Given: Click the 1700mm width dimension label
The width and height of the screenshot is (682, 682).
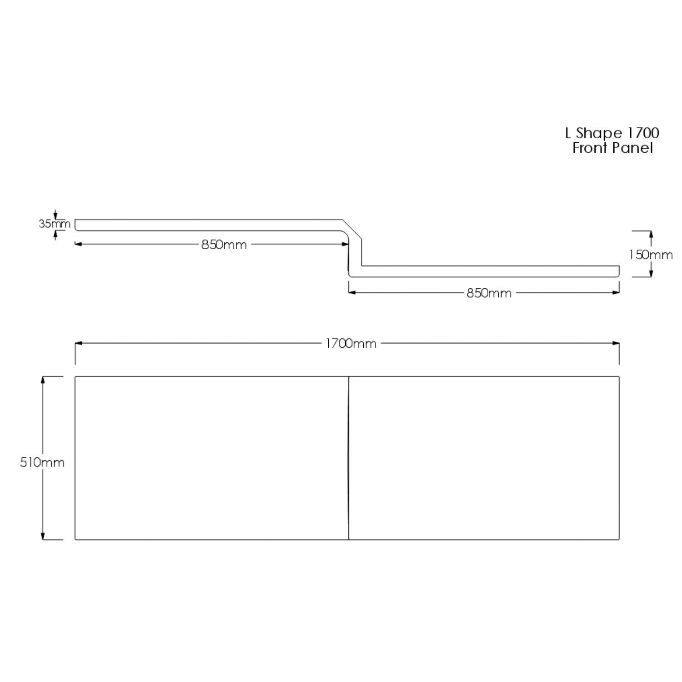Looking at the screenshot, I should point(351,344).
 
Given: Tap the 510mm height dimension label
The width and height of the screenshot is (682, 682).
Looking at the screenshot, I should point(42,462).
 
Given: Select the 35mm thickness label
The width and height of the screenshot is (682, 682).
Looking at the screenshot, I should point(54,224).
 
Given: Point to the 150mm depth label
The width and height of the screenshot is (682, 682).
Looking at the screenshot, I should point(651,255).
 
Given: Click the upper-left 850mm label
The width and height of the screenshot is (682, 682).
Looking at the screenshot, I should point(224,245).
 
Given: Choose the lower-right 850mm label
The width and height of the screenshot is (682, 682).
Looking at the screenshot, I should point(489,293).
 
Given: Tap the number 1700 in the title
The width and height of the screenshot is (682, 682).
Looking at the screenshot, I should point(643,133).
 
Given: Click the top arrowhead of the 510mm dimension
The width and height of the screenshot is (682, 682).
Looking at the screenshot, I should point(43,380).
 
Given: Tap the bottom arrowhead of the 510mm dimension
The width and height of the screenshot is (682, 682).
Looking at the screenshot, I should point(43,537).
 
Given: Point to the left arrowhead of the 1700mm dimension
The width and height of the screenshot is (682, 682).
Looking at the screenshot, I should point(79,343).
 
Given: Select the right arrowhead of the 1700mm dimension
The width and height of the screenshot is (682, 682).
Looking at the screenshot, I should point(616,343).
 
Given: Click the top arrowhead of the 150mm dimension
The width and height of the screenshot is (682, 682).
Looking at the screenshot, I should point(651,234).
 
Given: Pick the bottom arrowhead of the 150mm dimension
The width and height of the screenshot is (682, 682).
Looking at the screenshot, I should point(651,273).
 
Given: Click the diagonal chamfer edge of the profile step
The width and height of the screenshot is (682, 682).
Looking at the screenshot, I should point(352,228).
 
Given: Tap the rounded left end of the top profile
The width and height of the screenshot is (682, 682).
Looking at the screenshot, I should point(76,225).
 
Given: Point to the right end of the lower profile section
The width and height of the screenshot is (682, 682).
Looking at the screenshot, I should point(619,271).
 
